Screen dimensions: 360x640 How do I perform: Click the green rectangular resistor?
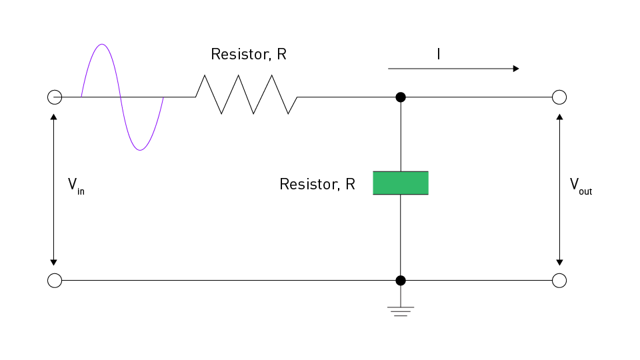click(400, 183)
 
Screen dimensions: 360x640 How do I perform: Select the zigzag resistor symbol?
click(247, 95)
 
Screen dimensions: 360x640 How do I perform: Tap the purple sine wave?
click(122, 97)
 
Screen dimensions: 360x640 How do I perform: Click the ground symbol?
click(401, 310)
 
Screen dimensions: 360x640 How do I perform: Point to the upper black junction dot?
click(401, 97)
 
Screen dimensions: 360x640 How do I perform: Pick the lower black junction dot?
click(401, 281)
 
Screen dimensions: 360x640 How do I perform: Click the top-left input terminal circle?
click(55, 97)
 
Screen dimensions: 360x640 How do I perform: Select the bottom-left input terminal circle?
click(55, 281)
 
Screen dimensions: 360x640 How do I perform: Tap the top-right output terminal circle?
click(559, 97)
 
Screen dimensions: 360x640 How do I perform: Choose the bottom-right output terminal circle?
click(559, 281)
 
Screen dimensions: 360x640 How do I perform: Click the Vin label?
click(75, 185)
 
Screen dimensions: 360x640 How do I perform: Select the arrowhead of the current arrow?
click(515, 69)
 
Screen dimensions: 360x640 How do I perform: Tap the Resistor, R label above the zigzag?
click(249, 55)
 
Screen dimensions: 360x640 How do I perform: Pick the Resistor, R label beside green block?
click(317, 185)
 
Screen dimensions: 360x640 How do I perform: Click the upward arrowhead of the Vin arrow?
click(54, 117)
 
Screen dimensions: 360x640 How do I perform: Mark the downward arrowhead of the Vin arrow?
click(54, 261)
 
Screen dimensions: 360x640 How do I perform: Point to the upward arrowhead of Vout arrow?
click(559, 117)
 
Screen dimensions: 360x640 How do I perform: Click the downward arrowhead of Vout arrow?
click(559, 261)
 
